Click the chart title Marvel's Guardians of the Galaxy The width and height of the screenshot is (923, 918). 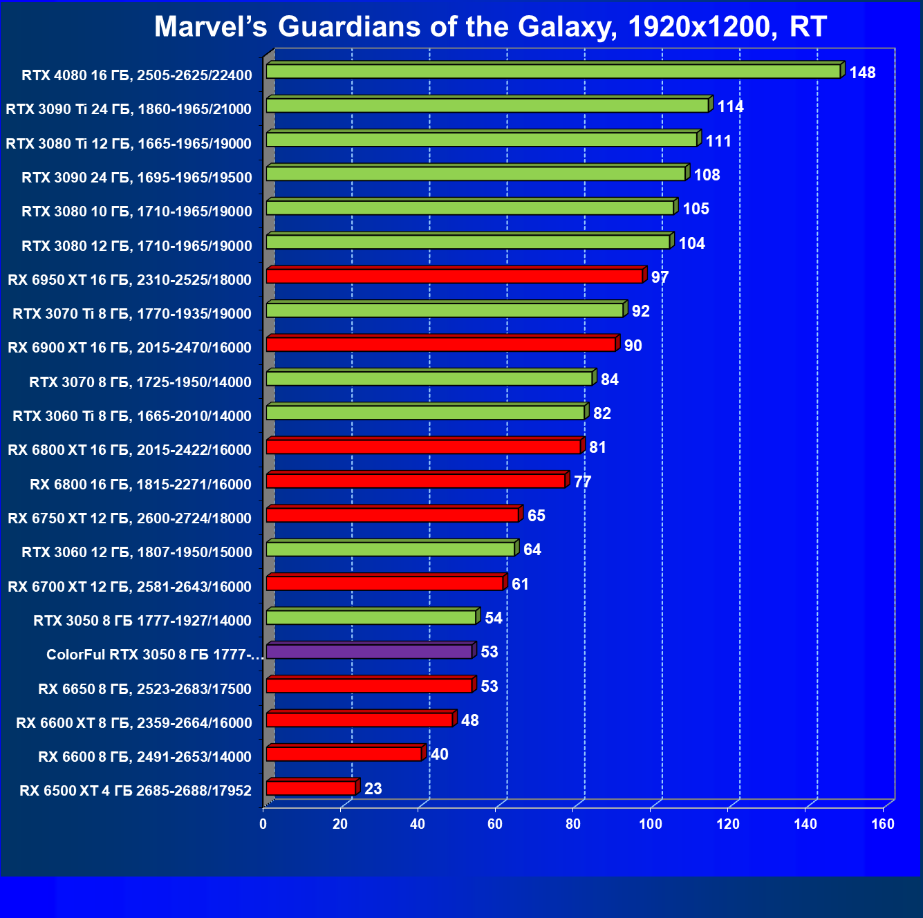click(x=490, y=27)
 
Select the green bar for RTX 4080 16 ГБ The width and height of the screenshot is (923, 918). click(x=553, y=71)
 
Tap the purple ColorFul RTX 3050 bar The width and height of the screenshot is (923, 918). click(x=369, y=651)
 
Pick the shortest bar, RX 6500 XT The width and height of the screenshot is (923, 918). click(x=311, y=788)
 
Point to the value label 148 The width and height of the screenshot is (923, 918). click(x=862, y=73)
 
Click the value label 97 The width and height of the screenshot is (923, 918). click(x=660, y=277)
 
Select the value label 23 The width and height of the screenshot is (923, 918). click(x=373, y=789)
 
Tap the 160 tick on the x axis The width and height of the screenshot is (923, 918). click(x=883, y=824)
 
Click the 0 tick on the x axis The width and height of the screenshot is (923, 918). click(x=263, y=824)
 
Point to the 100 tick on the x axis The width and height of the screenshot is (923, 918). click(x=650, y=824)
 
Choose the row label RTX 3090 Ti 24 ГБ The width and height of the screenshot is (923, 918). click(x=129, y=109)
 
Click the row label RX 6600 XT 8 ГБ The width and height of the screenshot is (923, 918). click(x=134, y=723)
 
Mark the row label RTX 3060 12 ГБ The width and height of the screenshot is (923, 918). click(x=137, y=552)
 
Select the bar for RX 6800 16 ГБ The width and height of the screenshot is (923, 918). click(x=416, y=480)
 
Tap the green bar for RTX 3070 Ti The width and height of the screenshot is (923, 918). click(x=445, y=310)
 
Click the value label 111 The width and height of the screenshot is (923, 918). click(x=718, y=141)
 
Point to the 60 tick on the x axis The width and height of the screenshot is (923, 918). click(x=495, y=824)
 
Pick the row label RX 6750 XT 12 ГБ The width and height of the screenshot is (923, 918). click(x=129, y=518)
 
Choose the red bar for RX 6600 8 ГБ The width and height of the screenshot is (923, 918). click(x=344, y=753)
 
